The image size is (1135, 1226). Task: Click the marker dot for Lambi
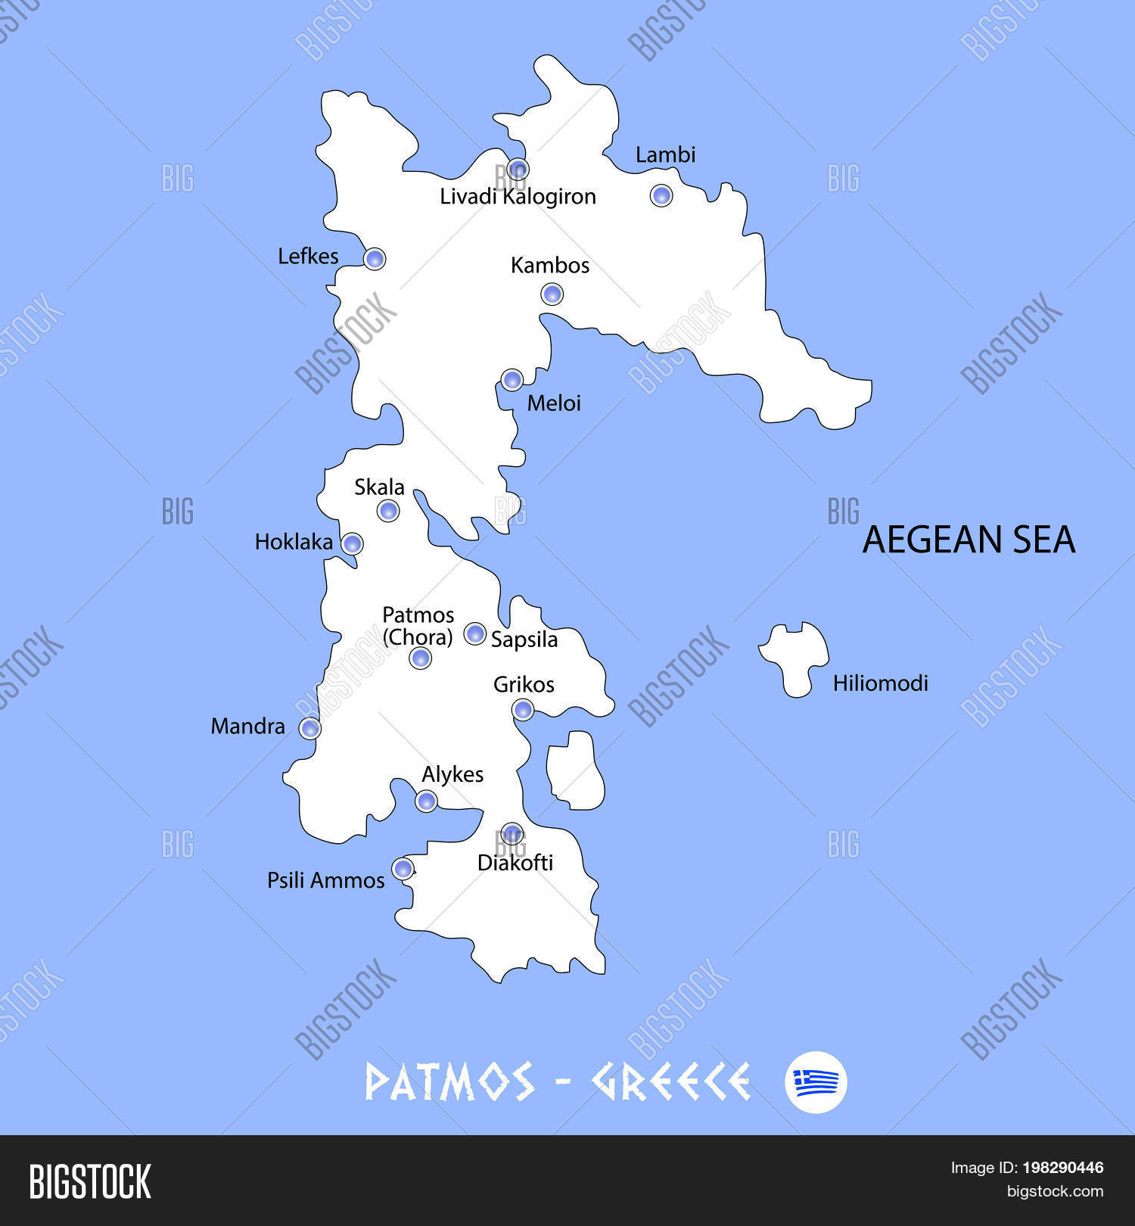point(661,195)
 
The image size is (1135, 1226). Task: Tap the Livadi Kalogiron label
point(518,197)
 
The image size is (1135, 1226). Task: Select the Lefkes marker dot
point(374,259)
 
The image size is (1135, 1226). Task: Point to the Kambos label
point(549,266)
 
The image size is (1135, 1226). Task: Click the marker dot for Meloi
point(512,379)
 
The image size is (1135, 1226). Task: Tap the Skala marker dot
point(388,511)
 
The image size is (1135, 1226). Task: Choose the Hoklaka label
point(294,542)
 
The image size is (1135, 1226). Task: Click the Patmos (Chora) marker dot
point(420,658)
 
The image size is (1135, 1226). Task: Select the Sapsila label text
point(524,639)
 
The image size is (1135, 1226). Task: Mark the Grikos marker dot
point(522,710)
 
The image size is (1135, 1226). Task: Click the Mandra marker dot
point(309,728)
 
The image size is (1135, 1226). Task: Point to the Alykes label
point(452,774)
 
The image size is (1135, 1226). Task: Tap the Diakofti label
point(515,863)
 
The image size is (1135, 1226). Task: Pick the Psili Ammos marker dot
point(403,868)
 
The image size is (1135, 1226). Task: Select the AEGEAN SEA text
point(969,540)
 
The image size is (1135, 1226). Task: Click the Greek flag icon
point(816,1081)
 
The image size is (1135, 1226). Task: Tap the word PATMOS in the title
point(449,1081)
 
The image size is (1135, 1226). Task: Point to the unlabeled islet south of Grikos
point(576,770)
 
